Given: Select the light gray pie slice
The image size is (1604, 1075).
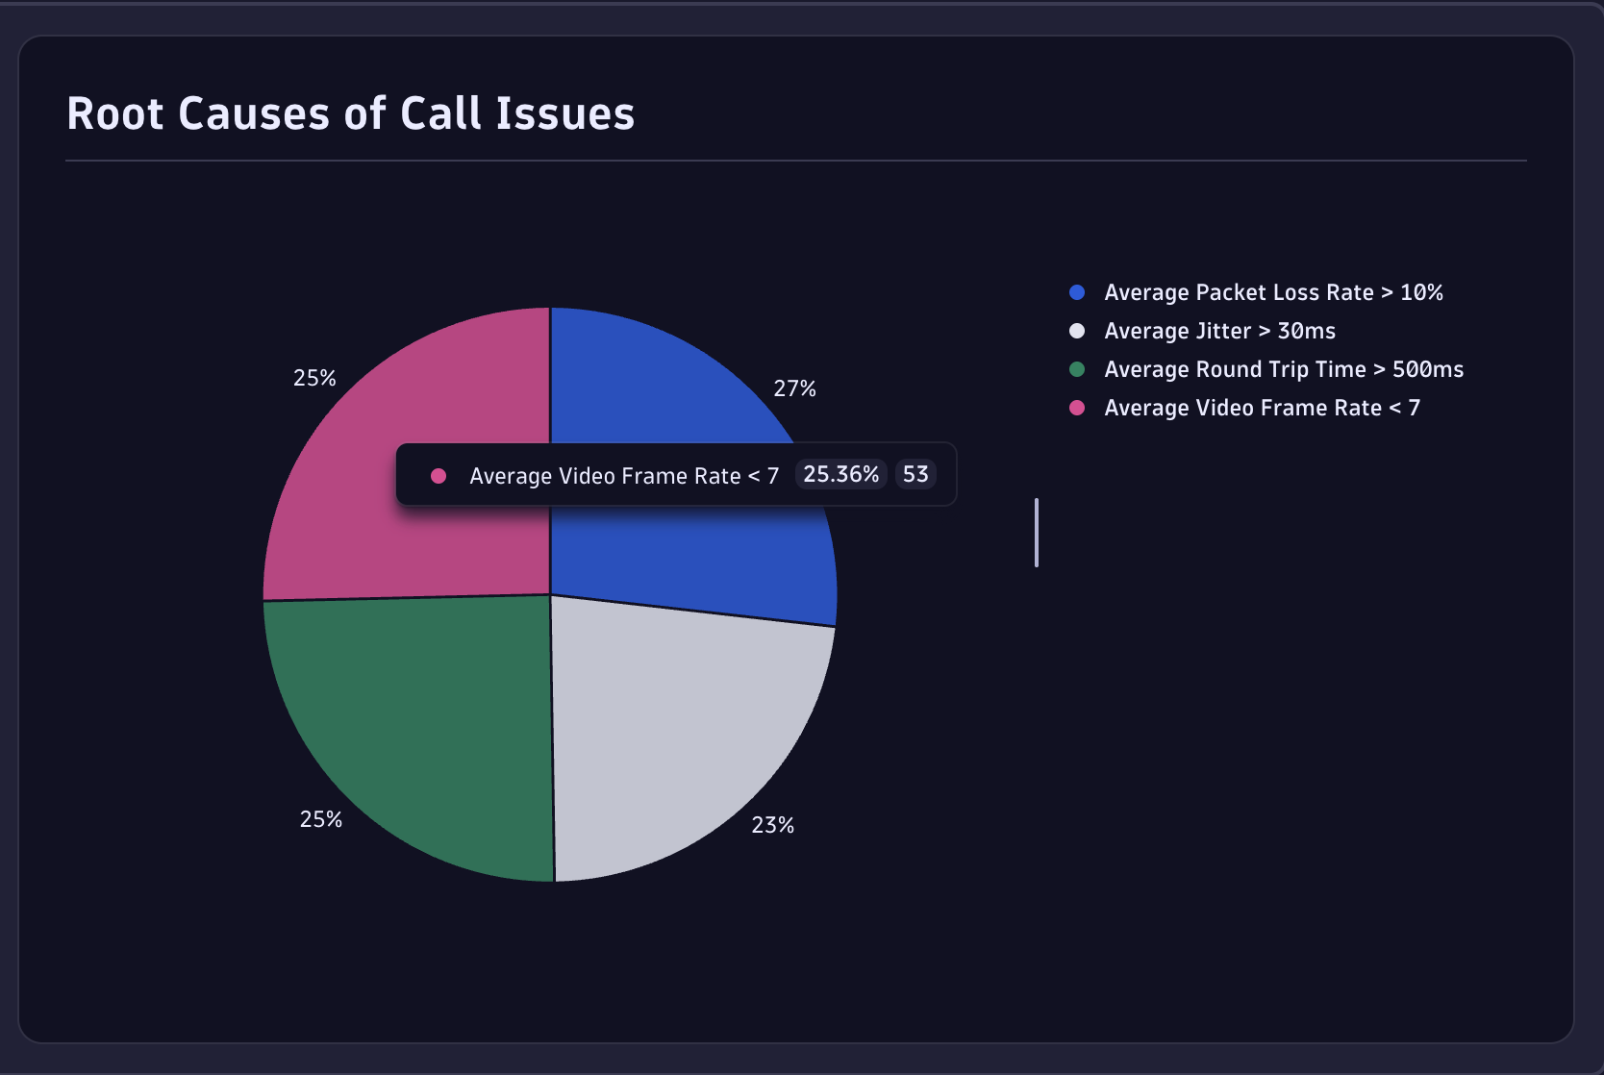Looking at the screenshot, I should coord(683,731).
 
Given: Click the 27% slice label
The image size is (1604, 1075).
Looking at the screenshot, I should coord(794,388).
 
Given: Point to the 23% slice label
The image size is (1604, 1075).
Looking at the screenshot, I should coord(772,825).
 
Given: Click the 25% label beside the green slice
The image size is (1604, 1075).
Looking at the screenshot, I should coord(320,819).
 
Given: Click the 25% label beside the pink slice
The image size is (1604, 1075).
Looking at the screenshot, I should coord(314,378).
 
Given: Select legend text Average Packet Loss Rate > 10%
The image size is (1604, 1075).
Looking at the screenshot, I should coord(1272,292).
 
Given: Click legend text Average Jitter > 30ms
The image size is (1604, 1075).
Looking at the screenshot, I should coord(1219,331).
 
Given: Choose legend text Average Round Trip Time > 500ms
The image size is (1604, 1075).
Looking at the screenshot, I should coord(1283,369).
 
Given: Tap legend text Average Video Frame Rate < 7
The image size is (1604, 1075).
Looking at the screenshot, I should coord(1261,408).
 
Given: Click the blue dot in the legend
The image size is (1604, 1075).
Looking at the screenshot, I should coord(1077,292).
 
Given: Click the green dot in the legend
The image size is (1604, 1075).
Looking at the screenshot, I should coord(1077,369).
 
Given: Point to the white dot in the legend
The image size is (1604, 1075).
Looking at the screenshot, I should coord(1077,331).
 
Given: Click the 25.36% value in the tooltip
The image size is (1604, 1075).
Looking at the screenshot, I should coord(840,474).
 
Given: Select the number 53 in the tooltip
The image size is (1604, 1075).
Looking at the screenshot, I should coord(915,474).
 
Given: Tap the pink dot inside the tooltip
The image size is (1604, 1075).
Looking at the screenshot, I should coord(439,476).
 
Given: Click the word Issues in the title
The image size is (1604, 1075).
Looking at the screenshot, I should coord(564,113).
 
